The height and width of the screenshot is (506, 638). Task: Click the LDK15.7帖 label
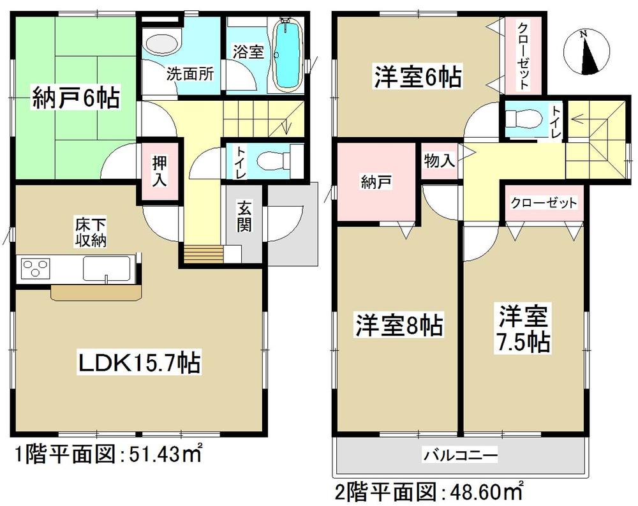[140, 364]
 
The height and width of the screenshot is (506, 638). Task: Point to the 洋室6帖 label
[417, 78]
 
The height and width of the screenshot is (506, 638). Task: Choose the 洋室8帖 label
[399, 326]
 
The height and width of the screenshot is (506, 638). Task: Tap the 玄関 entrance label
[244, 217]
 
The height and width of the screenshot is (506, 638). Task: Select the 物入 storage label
[440, 161]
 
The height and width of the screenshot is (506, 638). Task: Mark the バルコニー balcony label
[459, 456]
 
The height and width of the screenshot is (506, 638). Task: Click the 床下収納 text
[88, 234]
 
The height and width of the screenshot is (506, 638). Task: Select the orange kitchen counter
[96, 292]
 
